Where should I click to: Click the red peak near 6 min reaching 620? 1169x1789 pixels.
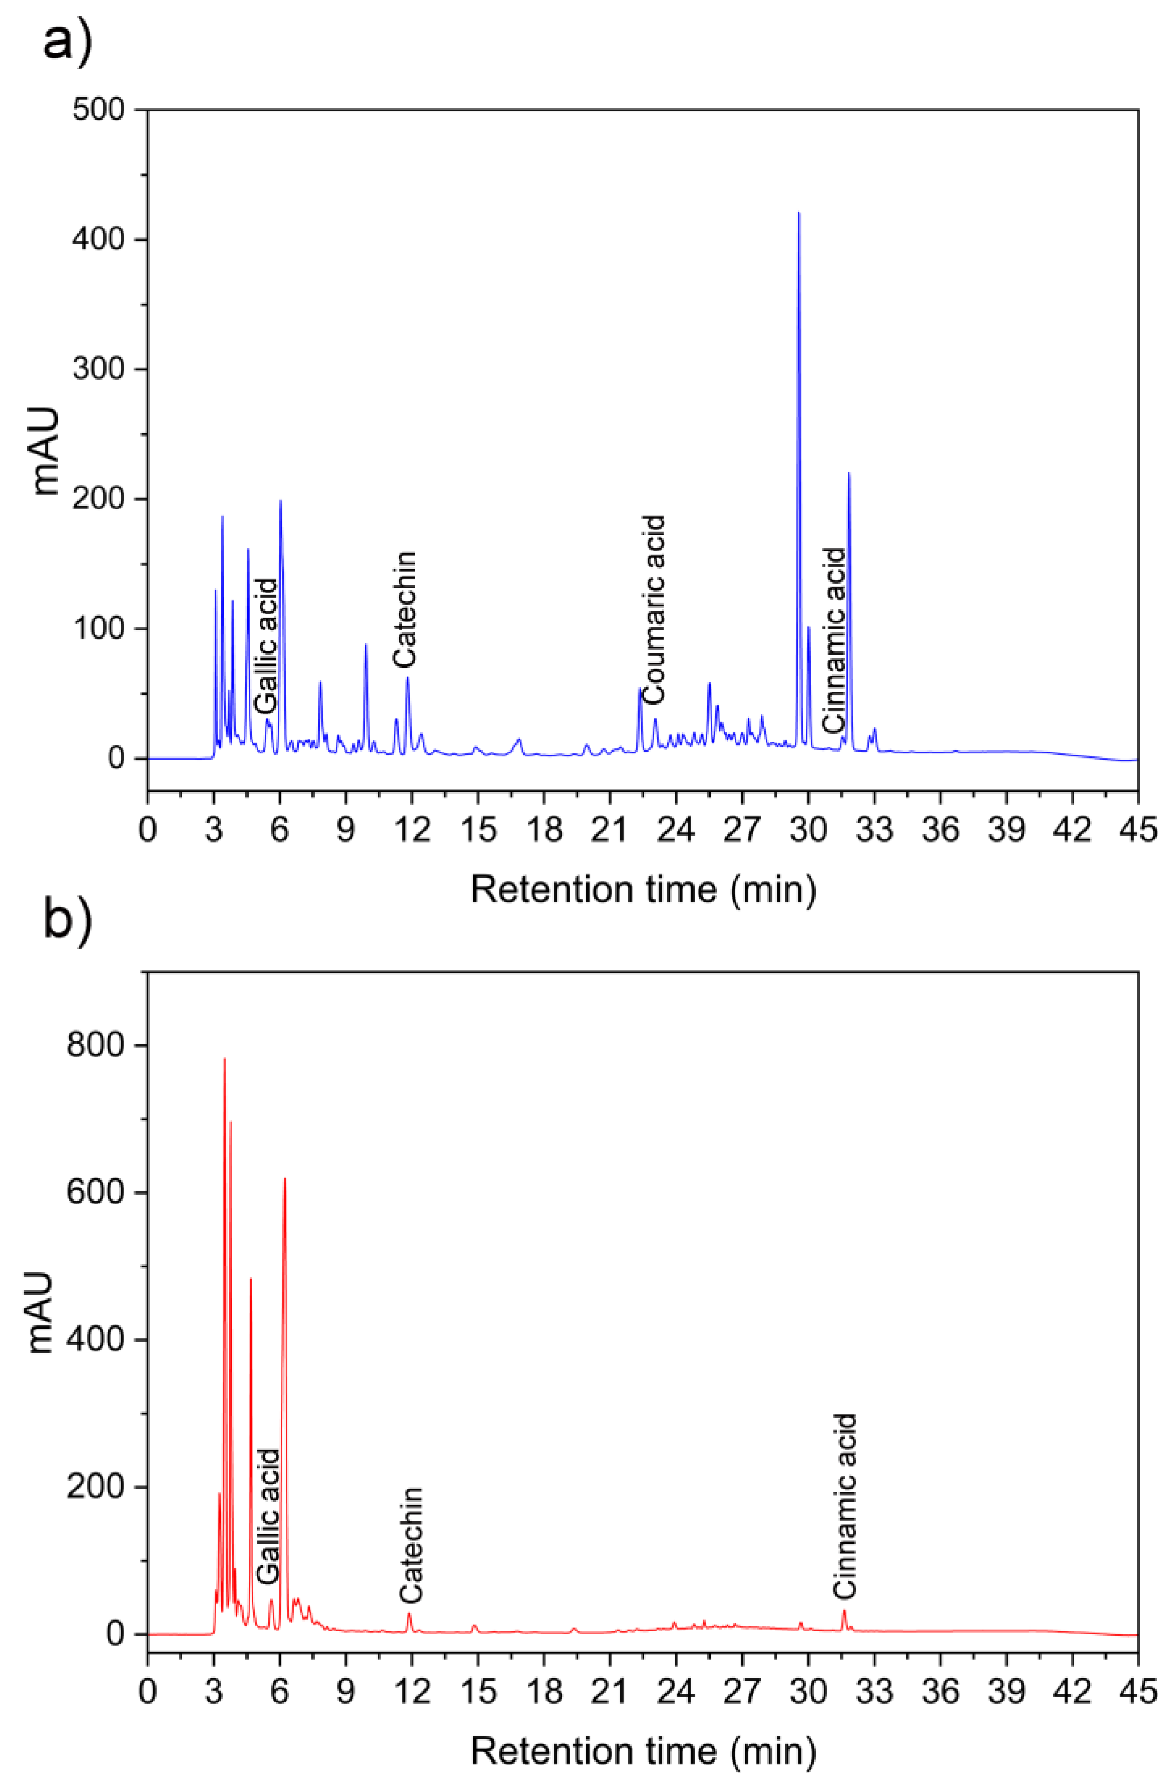coord(285,1180)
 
